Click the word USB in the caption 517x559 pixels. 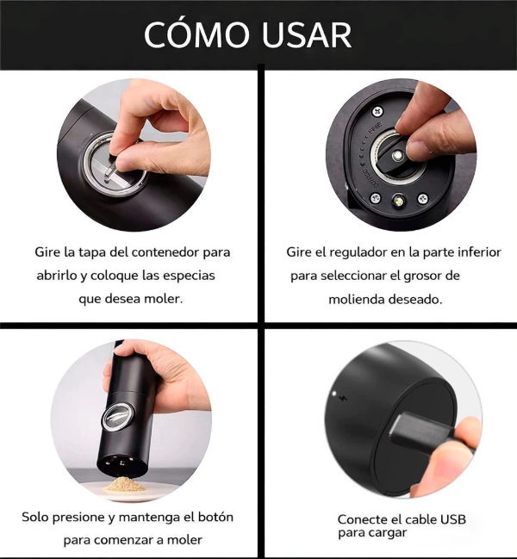click(x=452, y=519)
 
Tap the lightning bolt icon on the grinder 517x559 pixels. click(x=346, y=401)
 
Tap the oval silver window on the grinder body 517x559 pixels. click(x=115, y=418)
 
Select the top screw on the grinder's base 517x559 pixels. click(x=377, y=112)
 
